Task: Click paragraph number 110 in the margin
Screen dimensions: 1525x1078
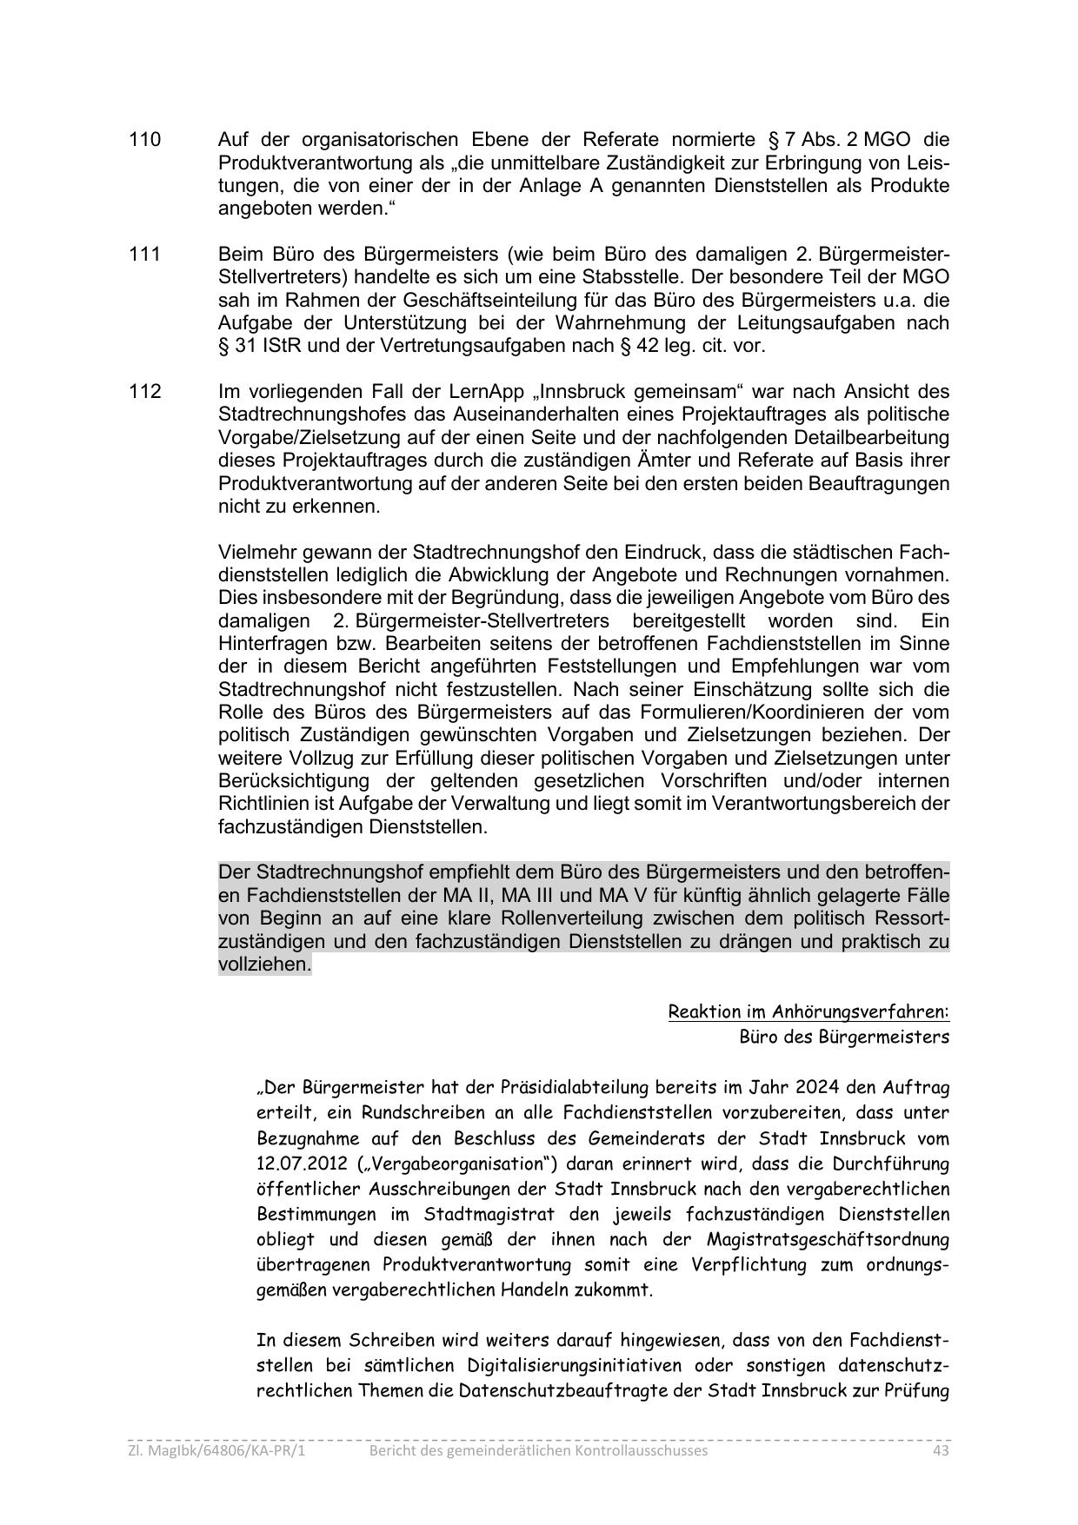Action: pyautogui.click(x=144, y=140)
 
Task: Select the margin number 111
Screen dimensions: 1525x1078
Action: pyautogui.click(x=144, y=255)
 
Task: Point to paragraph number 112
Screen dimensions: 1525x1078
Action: pyautogui.click(x=144, y=392)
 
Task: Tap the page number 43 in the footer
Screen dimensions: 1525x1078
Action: pyautogui.click(x=940, y=1450)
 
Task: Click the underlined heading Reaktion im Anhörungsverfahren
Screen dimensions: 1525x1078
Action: pyautogui.click(x=808, y=1011)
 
